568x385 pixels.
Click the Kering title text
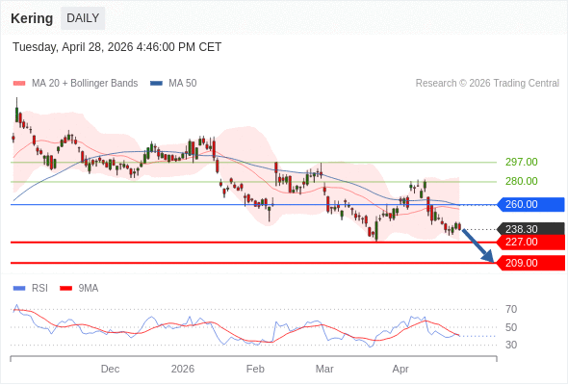(32, 18)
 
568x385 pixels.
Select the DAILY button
(83, 18)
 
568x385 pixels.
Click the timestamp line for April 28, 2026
(116, 46)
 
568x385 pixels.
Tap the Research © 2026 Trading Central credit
(487, 84)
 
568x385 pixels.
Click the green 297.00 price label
(521, 162)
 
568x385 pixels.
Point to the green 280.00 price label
(521, 181)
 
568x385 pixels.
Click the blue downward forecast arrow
(478, 245)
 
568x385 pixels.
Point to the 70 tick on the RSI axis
(511, 309)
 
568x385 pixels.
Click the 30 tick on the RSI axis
(511, 345)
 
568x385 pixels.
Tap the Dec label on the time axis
(110, 369)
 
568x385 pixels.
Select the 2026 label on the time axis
(183, 369)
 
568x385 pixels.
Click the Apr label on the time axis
(400, 369)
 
